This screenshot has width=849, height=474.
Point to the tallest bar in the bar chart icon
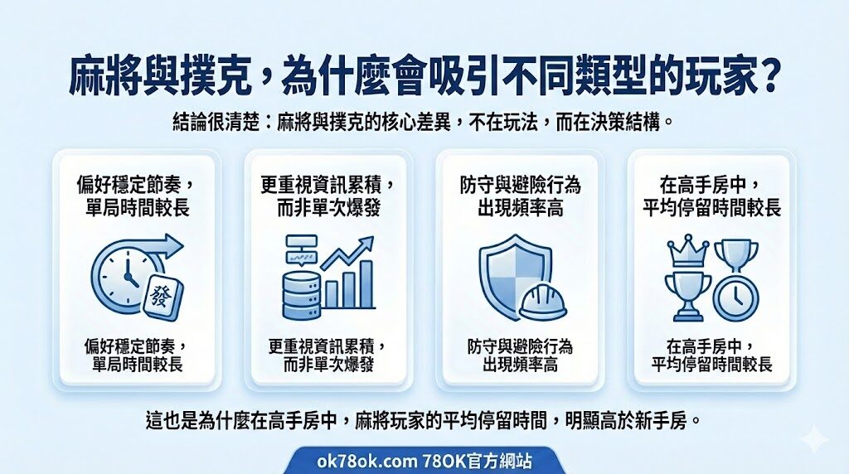coord(366,284)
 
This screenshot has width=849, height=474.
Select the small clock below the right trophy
coord(735,297)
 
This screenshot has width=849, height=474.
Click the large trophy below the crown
coord(688,296)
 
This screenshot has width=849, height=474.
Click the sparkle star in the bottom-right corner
coord(814,438)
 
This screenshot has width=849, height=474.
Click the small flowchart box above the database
coord(302,241)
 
